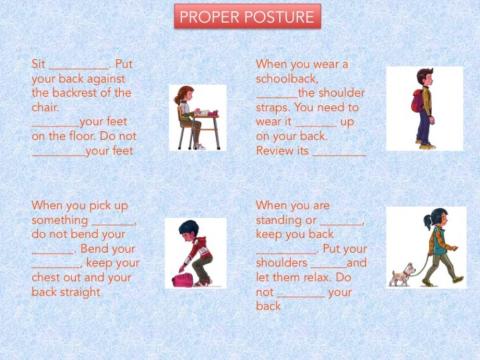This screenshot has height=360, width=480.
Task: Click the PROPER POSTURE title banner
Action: click(247, 17)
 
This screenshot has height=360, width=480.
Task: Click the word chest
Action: click(51, 277)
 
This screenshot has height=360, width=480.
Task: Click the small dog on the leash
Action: click(402, 273)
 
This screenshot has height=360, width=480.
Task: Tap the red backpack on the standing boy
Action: click(417, 100)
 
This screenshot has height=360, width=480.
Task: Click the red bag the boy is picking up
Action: click(182, 279)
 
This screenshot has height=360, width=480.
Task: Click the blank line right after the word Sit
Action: click(78, 66)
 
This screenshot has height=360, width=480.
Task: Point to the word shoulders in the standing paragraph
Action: click(286, 263)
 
